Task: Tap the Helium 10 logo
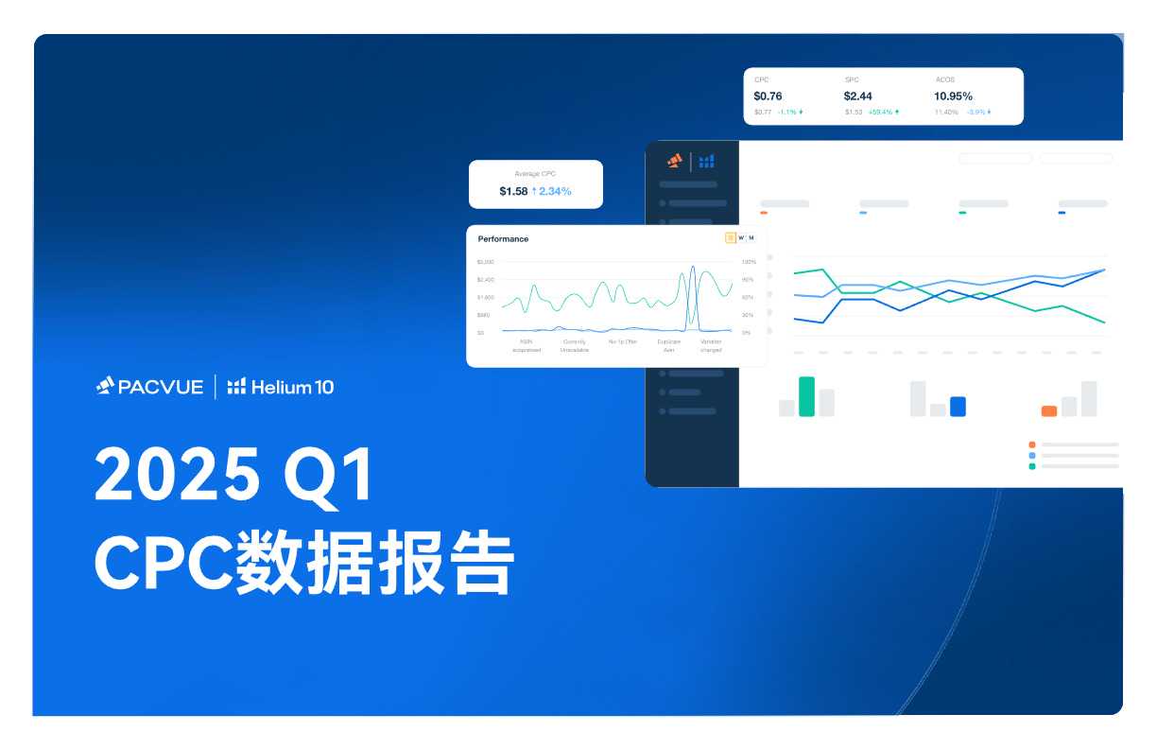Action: (x=281, y=386)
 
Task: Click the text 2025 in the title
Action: (x=176, y=475)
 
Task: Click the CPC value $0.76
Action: (x=768, y=96)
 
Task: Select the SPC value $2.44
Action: (x=858, y=96)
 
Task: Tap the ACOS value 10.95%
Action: (x=953, y=96)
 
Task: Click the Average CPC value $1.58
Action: (x=513, y=191)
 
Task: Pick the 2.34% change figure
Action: (x=554, y=191)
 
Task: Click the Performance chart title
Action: (x=503, y=238)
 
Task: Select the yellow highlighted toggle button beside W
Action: (x=730, y=237)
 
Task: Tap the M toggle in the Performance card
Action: (x=751, y=237)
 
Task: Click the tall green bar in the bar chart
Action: (x=806, y=396)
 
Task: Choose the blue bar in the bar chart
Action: (x=958, y=407)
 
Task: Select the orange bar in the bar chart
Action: (x=1048, y=411)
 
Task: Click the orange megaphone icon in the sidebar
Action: (x=674, y=161)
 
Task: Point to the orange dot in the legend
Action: (x=1032, y=444)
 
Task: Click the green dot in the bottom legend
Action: (x=1032, y=466)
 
